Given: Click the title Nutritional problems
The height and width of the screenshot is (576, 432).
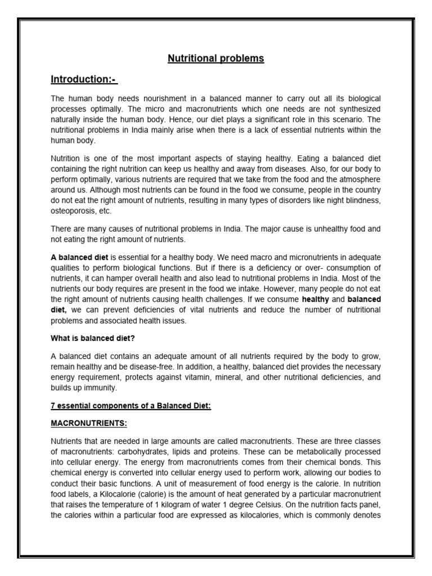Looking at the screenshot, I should click(x=215, y=58).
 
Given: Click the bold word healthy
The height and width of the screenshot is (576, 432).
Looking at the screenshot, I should click(x=315, y=300).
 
